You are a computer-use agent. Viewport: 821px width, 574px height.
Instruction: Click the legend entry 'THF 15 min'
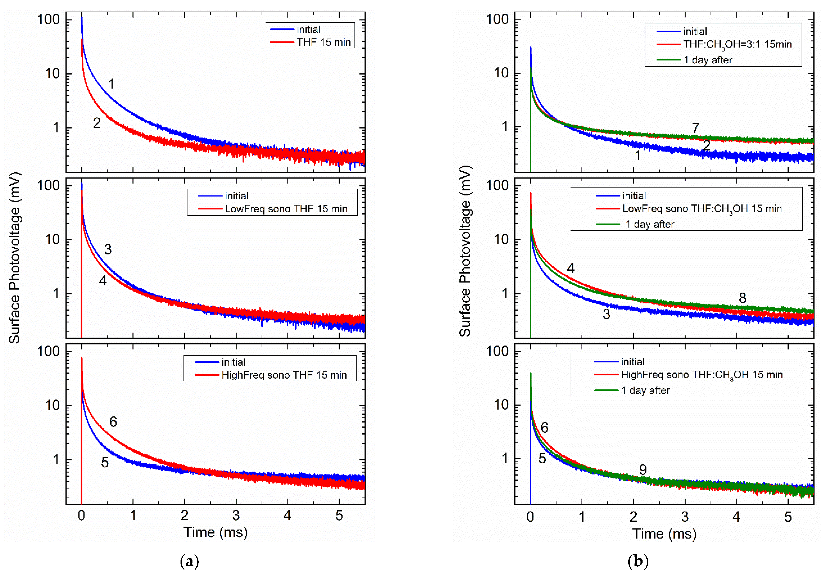pyautogui.click(x=323, y=42)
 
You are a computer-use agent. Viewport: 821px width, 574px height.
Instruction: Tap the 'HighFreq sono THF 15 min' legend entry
pyautogui.click(x=284, y=375)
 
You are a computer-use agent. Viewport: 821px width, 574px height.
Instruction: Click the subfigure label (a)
pyautogui.click(x=190, y=561)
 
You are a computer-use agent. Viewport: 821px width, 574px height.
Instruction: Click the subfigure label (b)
pyautogui.click(x=638, y=561)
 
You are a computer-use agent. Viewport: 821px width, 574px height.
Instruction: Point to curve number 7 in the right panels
pyautogui.click(x=696, y=128)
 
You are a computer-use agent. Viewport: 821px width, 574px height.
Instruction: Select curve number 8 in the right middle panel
pyautogui.click(x=742, y=298)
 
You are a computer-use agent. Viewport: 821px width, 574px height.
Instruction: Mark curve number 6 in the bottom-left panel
pyautogui.click(x=113, y=422)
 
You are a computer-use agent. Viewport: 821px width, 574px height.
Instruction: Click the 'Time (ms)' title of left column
pyautogui.click(x=216, y=532)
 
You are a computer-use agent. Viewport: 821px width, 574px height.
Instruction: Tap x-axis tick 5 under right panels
pyautogui.click(x=788, y=517)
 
